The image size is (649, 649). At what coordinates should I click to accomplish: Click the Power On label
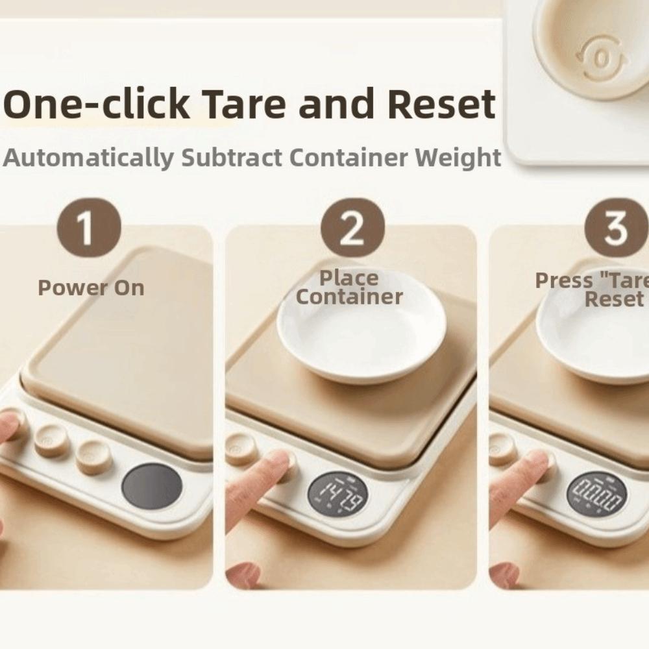click(x=91, y=288)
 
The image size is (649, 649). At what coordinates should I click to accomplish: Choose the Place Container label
click(x=350, y=288)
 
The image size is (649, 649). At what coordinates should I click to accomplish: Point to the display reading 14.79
click(x=337, y=496)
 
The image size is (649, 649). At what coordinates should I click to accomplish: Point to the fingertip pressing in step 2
click(x=276, y=461)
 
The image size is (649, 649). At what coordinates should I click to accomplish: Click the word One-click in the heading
click(x=97, y=104)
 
